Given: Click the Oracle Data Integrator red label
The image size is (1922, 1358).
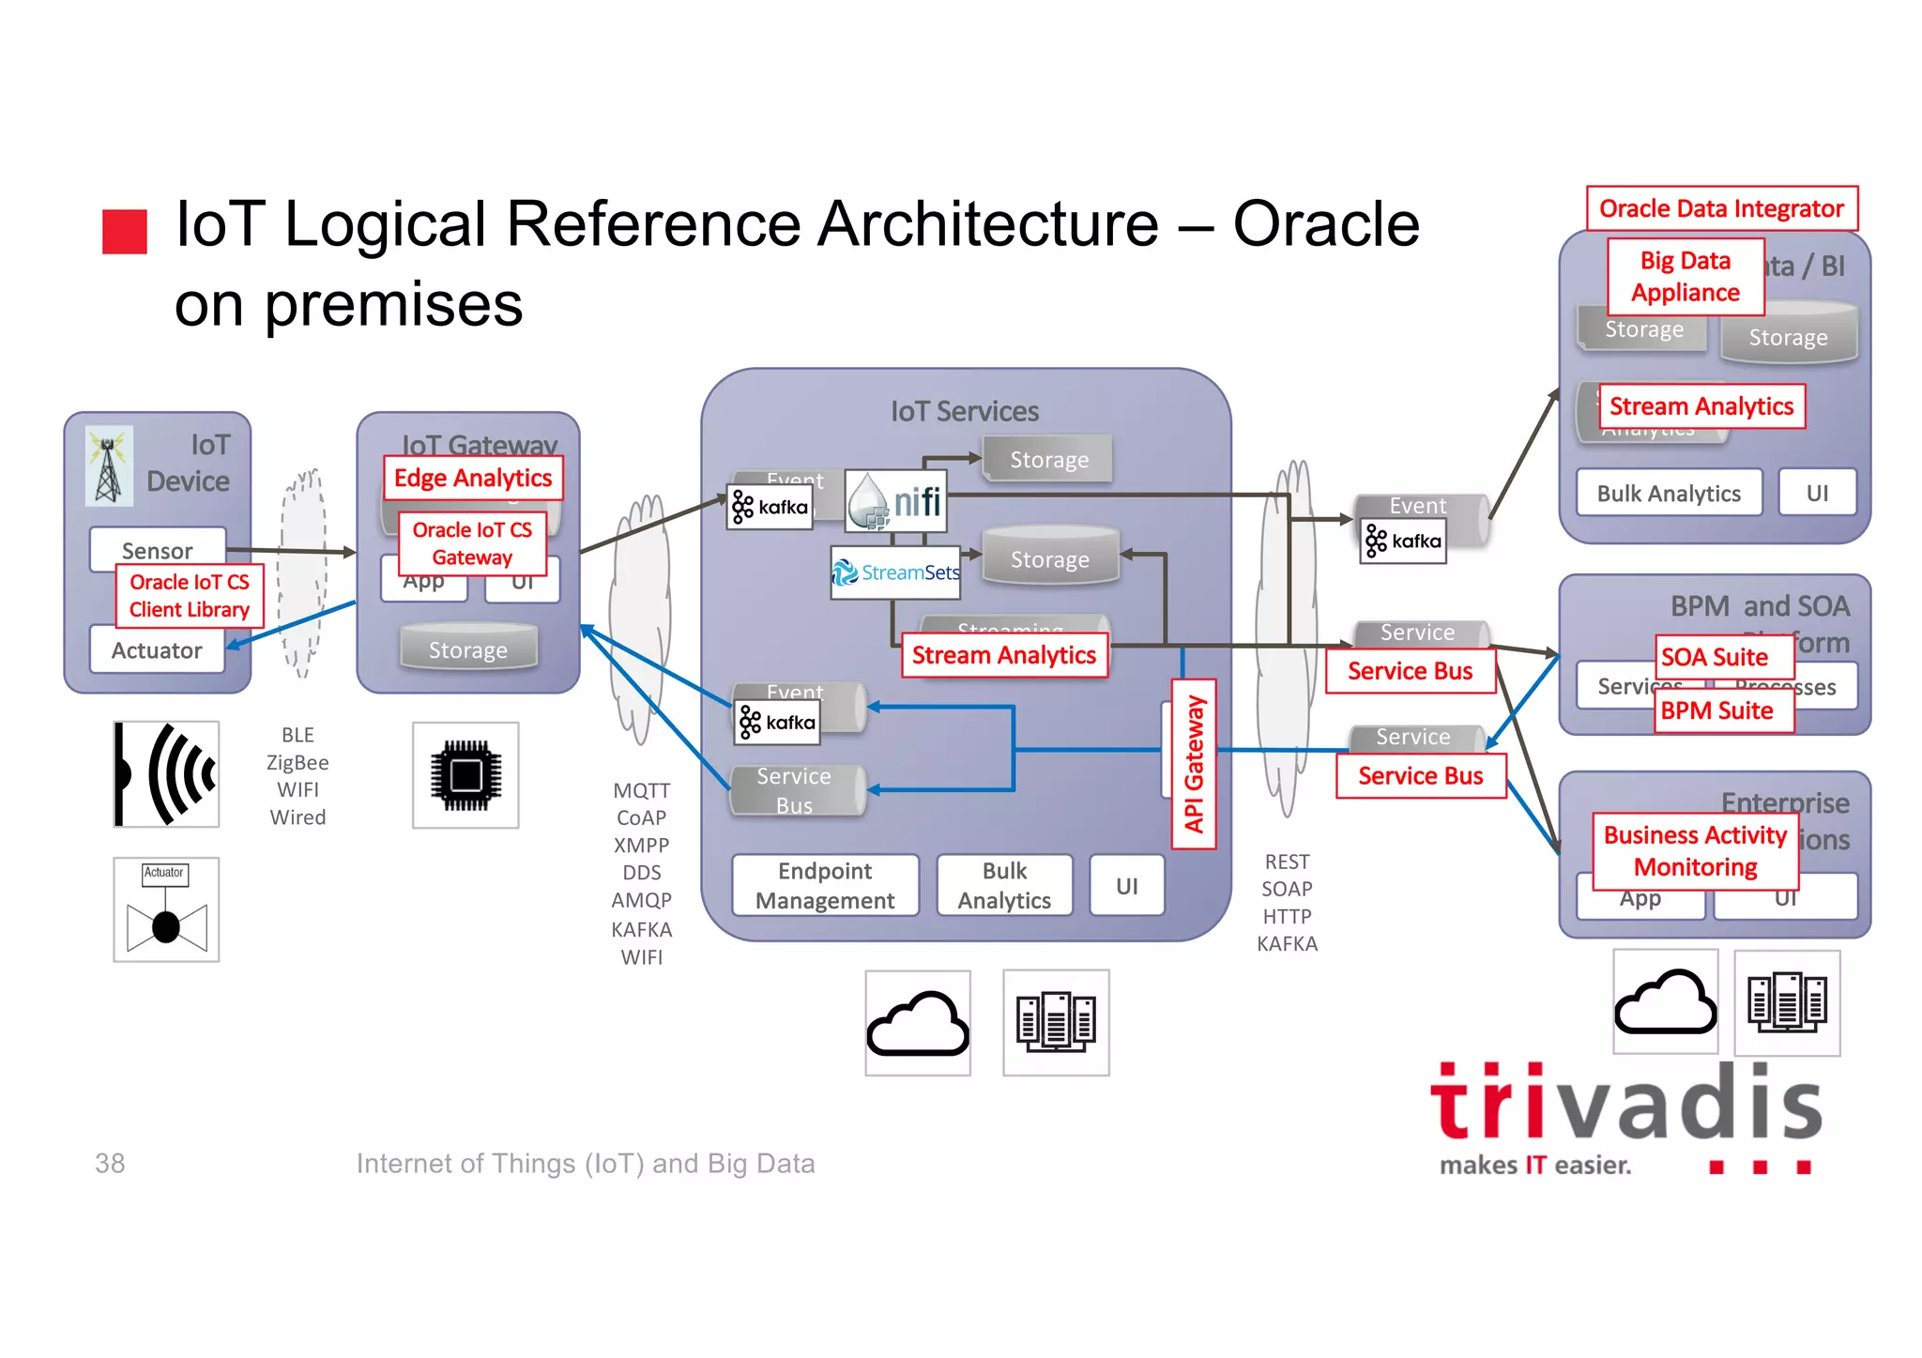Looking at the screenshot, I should (x=1721, y=208).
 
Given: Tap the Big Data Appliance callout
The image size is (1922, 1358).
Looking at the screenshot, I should (x=1686, y=277).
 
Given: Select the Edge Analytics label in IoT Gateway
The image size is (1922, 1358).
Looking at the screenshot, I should (x=473, y=479).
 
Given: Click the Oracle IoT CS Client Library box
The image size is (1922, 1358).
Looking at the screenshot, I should (x=189, y=596).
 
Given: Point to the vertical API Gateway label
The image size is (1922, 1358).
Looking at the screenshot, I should (x=1194, y=764).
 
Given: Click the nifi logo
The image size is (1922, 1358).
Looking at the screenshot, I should (x=896, y=501).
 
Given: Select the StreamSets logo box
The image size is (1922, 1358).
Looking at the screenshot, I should (x=896, y=572).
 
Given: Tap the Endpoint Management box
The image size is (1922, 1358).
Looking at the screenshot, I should (x=825, y=885).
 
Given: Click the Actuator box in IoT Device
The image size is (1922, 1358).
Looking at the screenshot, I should (x=157, y=650).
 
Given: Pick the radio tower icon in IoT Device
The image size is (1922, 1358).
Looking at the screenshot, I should (x=109, y=465).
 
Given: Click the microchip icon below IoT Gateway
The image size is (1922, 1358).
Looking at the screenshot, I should (x=465, y=775).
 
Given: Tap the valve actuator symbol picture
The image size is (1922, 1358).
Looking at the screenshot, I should (x=166, y=909).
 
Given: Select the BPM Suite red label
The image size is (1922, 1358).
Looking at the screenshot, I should (x=1716, y=711).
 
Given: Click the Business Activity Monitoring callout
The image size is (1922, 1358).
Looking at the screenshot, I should (x=1695, y=851).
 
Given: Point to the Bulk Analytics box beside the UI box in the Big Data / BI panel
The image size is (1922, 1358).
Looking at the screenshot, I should (x=1669, y=494).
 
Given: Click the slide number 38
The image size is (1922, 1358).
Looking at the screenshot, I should (x=110, y=1164).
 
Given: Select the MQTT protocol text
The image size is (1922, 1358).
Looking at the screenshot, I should (x=642, y=790).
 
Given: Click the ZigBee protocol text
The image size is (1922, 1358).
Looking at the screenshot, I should (x=297, y=763).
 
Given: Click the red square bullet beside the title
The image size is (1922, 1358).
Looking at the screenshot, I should (x=125, y=231).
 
